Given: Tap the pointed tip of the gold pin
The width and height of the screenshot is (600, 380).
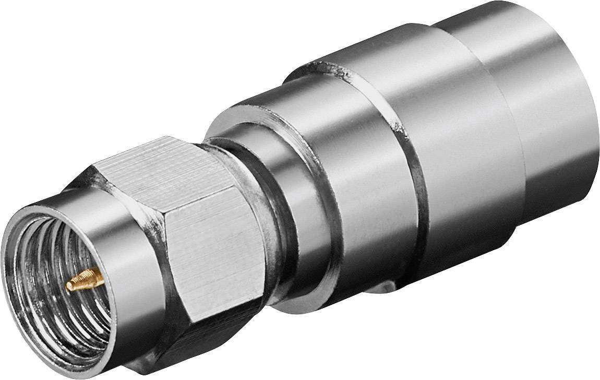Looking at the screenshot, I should tap(68, 286).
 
